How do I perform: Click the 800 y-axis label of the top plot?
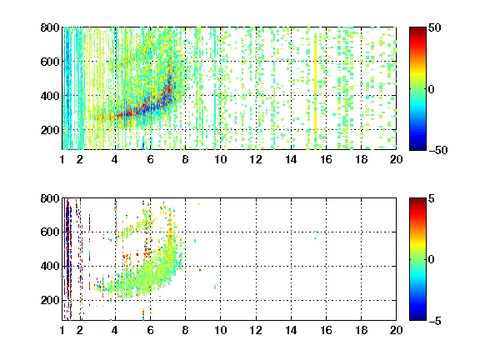[x=50, y=27]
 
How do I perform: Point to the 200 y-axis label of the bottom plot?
[x=50, y=300]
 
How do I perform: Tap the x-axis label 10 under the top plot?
[x=220, y=159]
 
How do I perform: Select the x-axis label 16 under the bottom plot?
[x=326, y=330]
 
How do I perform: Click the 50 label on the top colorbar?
[x=434, y=27]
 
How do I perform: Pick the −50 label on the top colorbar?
[x=437, y=150]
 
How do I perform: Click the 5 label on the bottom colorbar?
[x=432, y=198]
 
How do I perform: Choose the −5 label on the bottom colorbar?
[x=435, y=321]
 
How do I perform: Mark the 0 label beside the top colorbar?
[x=432, y=89]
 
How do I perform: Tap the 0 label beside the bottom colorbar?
[x=432, y=260]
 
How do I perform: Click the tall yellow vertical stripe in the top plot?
[x=315, y=89]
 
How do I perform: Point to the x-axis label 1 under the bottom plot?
[x=62, y=330]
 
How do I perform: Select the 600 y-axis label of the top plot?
[x=50, y=62]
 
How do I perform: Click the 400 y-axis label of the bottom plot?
[x=50, y=266]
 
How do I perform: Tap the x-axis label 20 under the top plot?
[x=396, y=159]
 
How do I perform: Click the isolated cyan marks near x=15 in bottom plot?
[x=315, y=235]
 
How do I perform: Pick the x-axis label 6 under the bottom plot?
[x=150, y=330]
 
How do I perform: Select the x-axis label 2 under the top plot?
[x=80, y=159]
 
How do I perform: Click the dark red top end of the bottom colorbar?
[x=417, y=200]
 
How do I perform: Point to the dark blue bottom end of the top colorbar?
[x=417, y=147]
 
